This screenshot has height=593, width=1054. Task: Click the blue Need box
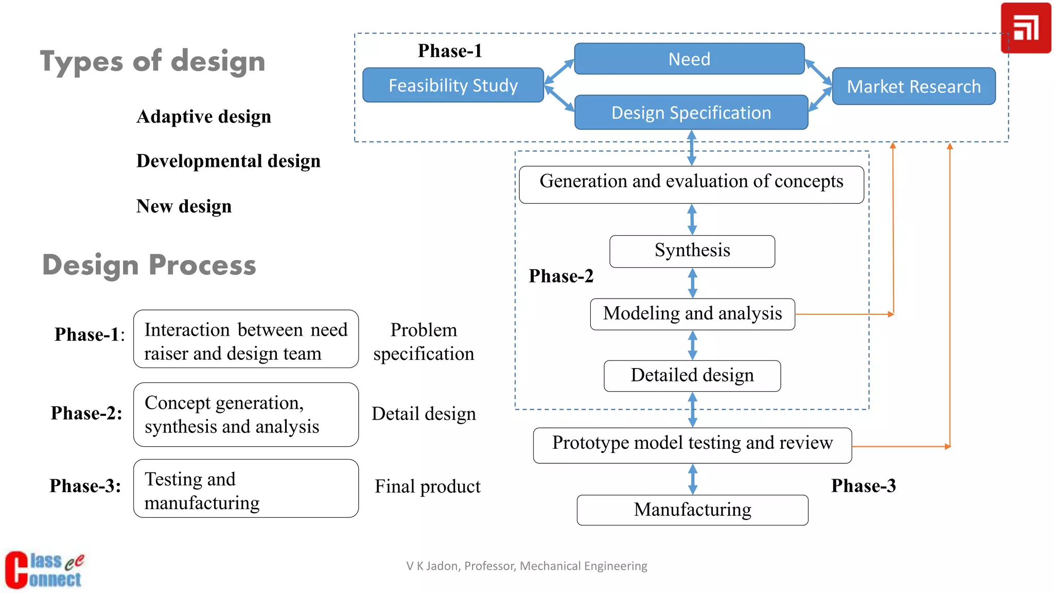pos(689,59)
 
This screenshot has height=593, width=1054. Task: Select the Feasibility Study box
pos(453,85)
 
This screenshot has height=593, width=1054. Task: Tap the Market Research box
pos(914,86)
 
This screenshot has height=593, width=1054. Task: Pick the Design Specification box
pos(691,112)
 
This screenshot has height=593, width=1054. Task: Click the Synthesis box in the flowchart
pos(692,251)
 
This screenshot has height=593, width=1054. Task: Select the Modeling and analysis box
pos(692,313)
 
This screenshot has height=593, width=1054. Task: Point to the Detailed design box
pos(692,375)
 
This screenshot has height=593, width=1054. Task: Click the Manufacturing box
pos(692,510)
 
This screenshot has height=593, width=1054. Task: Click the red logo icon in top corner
pos(1025,28)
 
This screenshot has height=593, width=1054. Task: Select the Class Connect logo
pos(44,570)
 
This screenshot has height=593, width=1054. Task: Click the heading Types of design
pos(152,62)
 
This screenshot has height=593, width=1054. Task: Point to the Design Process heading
pos(149,265)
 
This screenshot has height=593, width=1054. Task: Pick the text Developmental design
pos(228,161)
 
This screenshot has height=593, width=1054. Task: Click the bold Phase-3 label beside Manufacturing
pos(863,485)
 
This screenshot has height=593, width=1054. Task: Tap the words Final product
pos(427,486)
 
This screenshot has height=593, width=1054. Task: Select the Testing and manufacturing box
pos(245,489)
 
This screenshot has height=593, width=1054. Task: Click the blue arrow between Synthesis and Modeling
pos(692,283)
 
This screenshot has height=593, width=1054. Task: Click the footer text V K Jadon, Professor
pos(526,566)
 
